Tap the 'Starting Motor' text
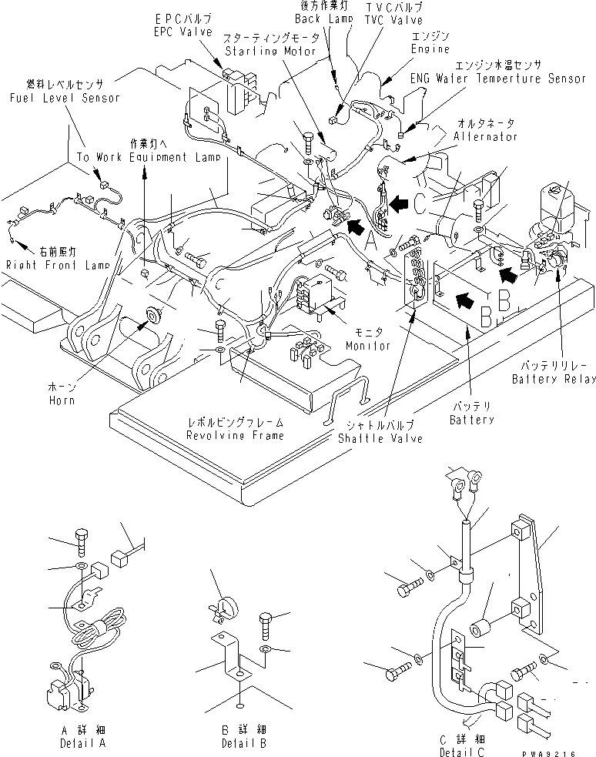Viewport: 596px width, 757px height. (x=270, y=51)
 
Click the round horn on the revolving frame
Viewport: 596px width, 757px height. (x=149, y=315)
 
